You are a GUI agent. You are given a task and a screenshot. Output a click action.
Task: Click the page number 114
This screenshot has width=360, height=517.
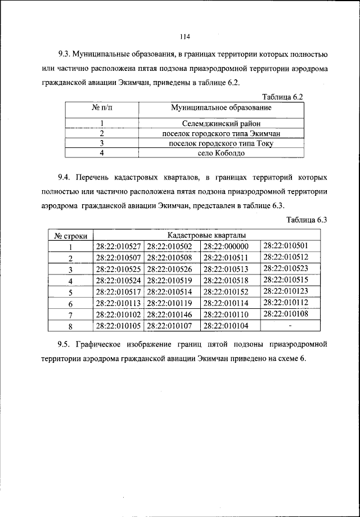pos(184,37)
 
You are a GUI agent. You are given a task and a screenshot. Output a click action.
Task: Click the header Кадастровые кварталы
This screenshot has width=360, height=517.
pos(206,236)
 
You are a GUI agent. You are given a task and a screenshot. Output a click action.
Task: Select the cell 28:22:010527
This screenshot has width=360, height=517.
pos(118,246)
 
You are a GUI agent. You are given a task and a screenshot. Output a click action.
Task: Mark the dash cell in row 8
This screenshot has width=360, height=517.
pos(290,326)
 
